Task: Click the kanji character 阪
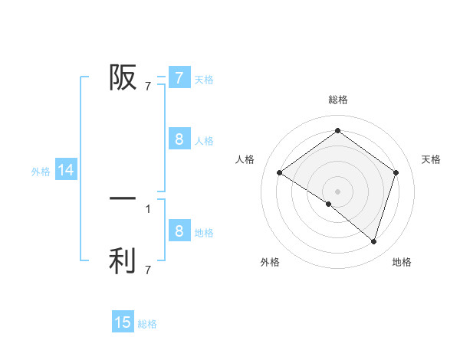click(x=123, y=77)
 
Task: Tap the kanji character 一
click(x=123, y=198)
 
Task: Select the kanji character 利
click(x=123, y=260)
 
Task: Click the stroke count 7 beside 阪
click(x=148, y=87)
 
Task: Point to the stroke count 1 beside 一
click(x=148, y=208)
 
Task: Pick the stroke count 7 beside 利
click(x=148, y=270)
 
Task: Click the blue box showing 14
click(x=66, y=171)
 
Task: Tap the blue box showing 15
click(x=123, y=322)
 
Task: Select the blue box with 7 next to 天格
click(x=179, y=77)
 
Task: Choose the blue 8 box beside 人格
click(x=179, y=139)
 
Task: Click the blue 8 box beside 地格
click(x=179, y=231)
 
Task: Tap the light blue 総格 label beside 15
click(x=147, y=324)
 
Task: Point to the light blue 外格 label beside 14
click(x=41, y=172)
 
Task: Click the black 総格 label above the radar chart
click(x=337, y=100)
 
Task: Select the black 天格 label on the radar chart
click(x=431, y=159)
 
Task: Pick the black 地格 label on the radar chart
click(x=402, y=262)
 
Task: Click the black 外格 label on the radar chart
click(x=270, y=262)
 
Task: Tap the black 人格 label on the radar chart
click(x=245, y=159)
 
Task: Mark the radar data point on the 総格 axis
click(x=337, y=131)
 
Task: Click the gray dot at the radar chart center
click(x=337, y=191)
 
